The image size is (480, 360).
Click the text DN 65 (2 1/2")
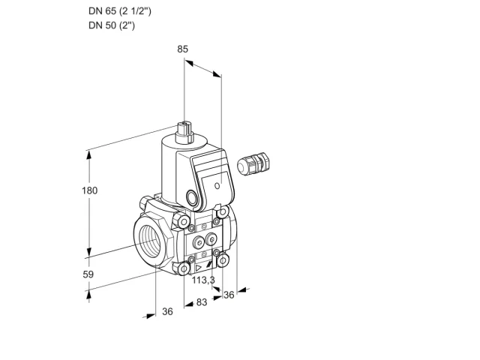(120, 11)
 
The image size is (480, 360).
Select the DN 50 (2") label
(112, 25)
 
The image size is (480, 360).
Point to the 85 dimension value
(182, 49)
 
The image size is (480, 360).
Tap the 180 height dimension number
(89, 190)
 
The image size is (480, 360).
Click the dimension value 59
(88, 274)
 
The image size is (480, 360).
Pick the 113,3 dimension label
(203, 280)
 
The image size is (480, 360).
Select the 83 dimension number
(202, 302)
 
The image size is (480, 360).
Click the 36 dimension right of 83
(229, 295)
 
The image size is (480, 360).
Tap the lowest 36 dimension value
(167, 311)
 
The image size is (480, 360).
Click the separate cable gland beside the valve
(253, 163)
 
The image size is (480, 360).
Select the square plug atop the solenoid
(185, 132)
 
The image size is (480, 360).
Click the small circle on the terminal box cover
(217, 186)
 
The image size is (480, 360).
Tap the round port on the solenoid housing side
(192, 197)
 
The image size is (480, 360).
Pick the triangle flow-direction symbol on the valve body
(199, 268)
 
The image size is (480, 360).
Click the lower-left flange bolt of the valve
(184, 269)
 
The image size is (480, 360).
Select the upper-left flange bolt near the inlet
(184, 221)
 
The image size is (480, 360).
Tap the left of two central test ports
(198, 242)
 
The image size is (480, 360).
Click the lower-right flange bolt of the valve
(223, 260)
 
